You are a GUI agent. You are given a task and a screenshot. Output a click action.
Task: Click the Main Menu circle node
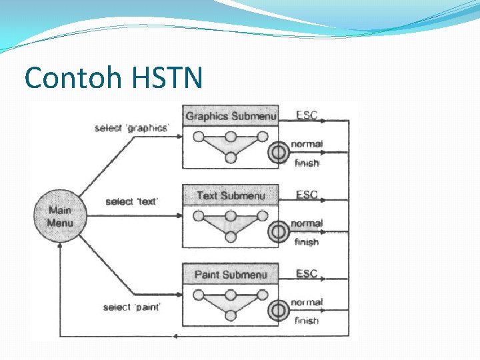(x=59, y=216)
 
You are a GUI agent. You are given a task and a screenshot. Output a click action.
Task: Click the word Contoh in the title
(x=65, y=78)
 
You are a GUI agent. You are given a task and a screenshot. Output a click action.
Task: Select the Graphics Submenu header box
(x=231, y=116)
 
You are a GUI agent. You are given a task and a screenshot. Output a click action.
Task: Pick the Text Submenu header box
(x=231, y=195)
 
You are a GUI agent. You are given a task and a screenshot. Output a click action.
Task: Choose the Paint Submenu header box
(x=231, y=274)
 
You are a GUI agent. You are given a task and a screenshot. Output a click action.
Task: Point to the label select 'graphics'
(x=131, y=127)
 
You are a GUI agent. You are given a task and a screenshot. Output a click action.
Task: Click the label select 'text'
(x=131, y=201)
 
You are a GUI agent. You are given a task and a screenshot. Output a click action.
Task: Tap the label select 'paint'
(x=132, y=307)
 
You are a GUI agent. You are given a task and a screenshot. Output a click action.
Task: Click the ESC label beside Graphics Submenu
(x=307, y=115)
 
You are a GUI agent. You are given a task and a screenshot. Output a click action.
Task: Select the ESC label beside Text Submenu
(x=307, y=195)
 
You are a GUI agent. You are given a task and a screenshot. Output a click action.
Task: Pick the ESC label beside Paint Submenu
(x=307, y=273)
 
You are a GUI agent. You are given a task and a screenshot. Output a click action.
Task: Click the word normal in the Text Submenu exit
(x=307, y=223)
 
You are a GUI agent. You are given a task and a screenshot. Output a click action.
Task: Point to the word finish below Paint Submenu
(x=307, y=321)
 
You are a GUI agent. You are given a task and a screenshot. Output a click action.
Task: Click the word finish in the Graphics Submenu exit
(x=307, y=163)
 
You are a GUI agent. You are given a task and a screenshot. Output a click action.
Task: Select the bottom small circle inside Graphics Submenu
(x=231, y=158)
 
